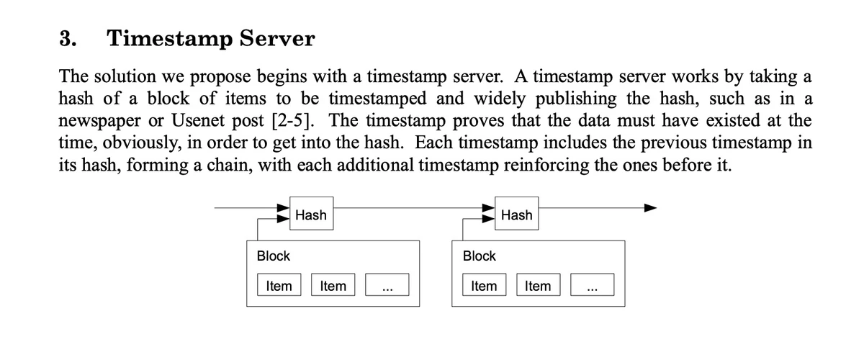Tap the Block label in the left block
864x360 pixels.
click(x=273, y=256)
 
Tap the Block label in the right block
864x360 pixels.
click(x=479, y=256)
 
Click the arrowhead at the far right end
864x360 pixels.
click(x=651, y=208)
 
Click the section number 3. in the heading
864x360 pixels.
click(x=68, y=39)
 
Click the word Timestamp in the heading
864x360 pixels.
click(x=170, y=40)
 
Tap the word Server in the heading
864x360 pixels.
click(x=277, y=39)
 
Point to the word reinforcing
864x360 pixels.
click(x=546, y=166)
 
